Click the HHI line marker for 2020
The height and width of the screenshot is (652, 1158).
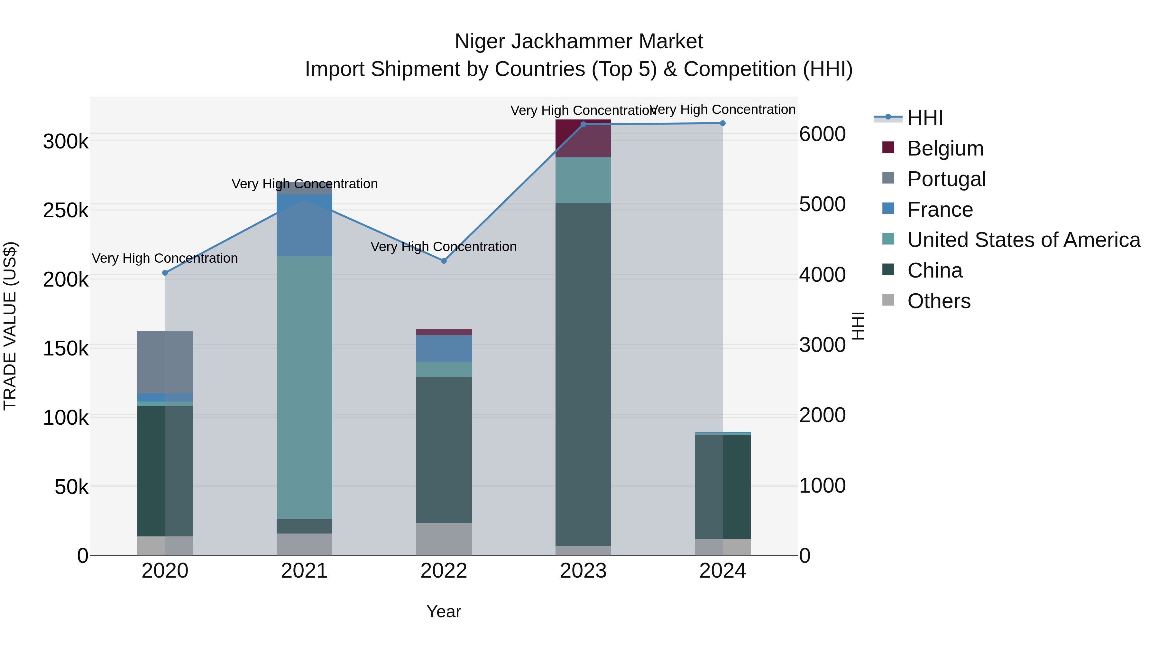[x=165, y=273]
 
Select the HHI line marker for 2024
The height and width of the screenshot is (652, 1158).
[x=722, y=123]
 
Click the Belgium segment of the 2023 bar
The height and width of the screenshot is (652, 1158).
[x=583, y=138]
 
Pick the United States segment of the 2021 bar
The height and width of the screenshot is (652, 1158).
[x=304, y=387]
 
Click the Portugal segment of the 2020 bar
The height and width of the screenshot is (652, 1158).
[x=165, y=362]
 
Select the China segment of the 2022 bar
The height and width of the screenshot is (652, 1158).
[x=444, y=450]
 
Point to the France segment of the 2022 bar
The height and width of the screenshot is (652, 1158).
[x=444, y=348]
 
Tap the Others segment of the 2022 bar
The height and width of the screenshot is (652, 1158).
[x=444, y=539]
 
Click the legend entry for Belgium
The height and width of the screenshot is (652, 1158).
[x=945, y=148]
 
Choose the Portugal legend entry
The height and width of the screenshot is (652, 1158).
[x=946, y=179]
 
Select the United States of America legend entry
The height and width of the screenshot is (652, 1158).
[x=1024, y=240]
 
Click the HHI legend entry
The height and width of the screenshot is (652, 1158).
[x=925, y=118]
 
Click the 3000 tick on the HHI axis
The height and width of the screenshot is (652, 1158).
[x=822, y=345]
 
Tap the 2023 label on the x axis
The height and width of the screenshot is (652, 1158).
[x=583, y=571]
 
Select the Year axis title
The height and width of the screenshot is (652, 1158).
[x=444, y=611]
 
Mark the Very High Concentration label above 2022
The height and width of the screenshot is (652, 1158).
[x=444, y=247]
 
